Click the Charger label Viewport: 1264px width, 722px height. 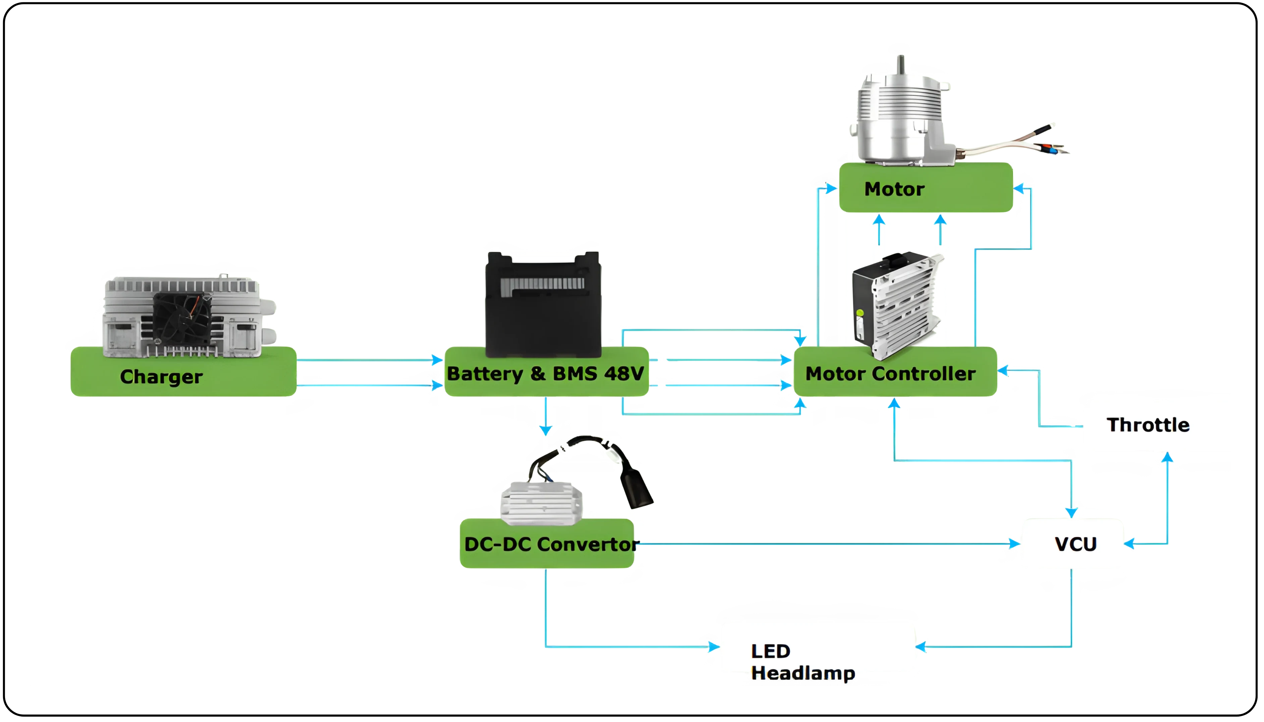[x=161, y=377]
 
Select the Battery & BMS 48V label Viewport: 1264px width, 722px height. [x=545, y=373]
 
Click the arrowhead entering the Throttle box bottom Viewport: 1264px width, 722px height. [x=1167, y=459]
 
